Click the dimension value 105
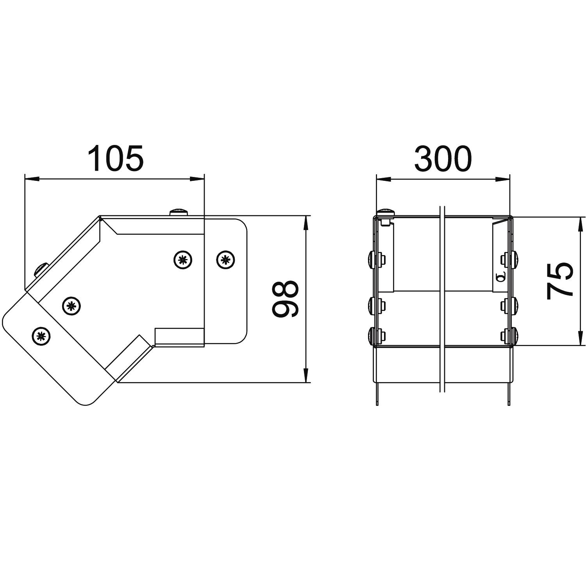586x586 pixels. (x=116, y=159)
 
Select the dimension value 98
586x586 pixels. (x=286, y=299)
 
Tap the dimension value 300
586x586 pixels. (x=443, y=159)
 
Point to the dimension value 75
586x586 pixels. (x=560, y=281)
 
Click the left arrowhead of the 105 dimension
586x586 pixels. (x=32, y=179)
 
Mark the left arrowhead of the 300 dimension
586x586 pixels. (x=384, y=179)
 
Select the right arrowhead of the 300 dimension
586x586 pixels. (x=502, y=179)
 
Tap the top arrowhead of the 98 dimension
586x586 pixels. (x=306, y=223)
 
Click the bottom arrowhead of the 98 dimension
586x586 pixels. (x=306, y=375)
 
